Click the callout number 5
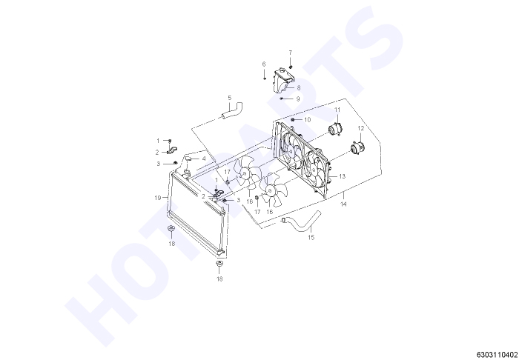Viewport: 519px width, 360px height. coord(230,98)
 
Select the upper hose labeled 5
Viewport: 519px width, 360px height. coord(232,111)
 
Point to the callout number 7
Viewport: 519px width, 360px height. coord(291,53)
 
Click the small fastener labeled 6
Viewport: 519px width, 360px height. coord(265,79)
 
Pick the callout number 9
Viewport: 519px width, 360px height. coord(298,99)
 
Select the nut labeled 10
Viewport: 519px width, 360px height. coord(293,119)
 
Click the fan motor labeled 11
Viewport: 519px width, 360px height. coord(334,129)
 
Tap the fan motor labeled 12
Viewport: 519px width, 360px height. coord(357,147)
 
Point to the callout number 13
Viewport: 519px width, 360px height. coord(342,176)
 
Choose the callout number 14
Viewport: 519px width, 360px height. coord(343,204)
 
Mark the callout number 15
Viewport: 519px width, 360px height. coord(311,237)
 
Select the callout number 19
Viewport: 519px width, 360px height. coord(158,198)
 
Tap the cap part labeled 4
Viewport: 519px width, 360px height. coord(188,159)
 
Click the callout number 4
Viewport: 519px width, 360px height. coord(204,159)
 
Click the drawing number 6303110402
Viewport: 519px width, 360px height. coord(497,355)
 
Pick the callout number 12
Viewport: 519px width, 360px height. coord(361,128)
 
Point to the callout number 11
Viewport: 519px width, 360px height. coord(337,110)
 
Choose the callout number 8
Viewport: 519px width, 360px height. coord(299,88)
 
